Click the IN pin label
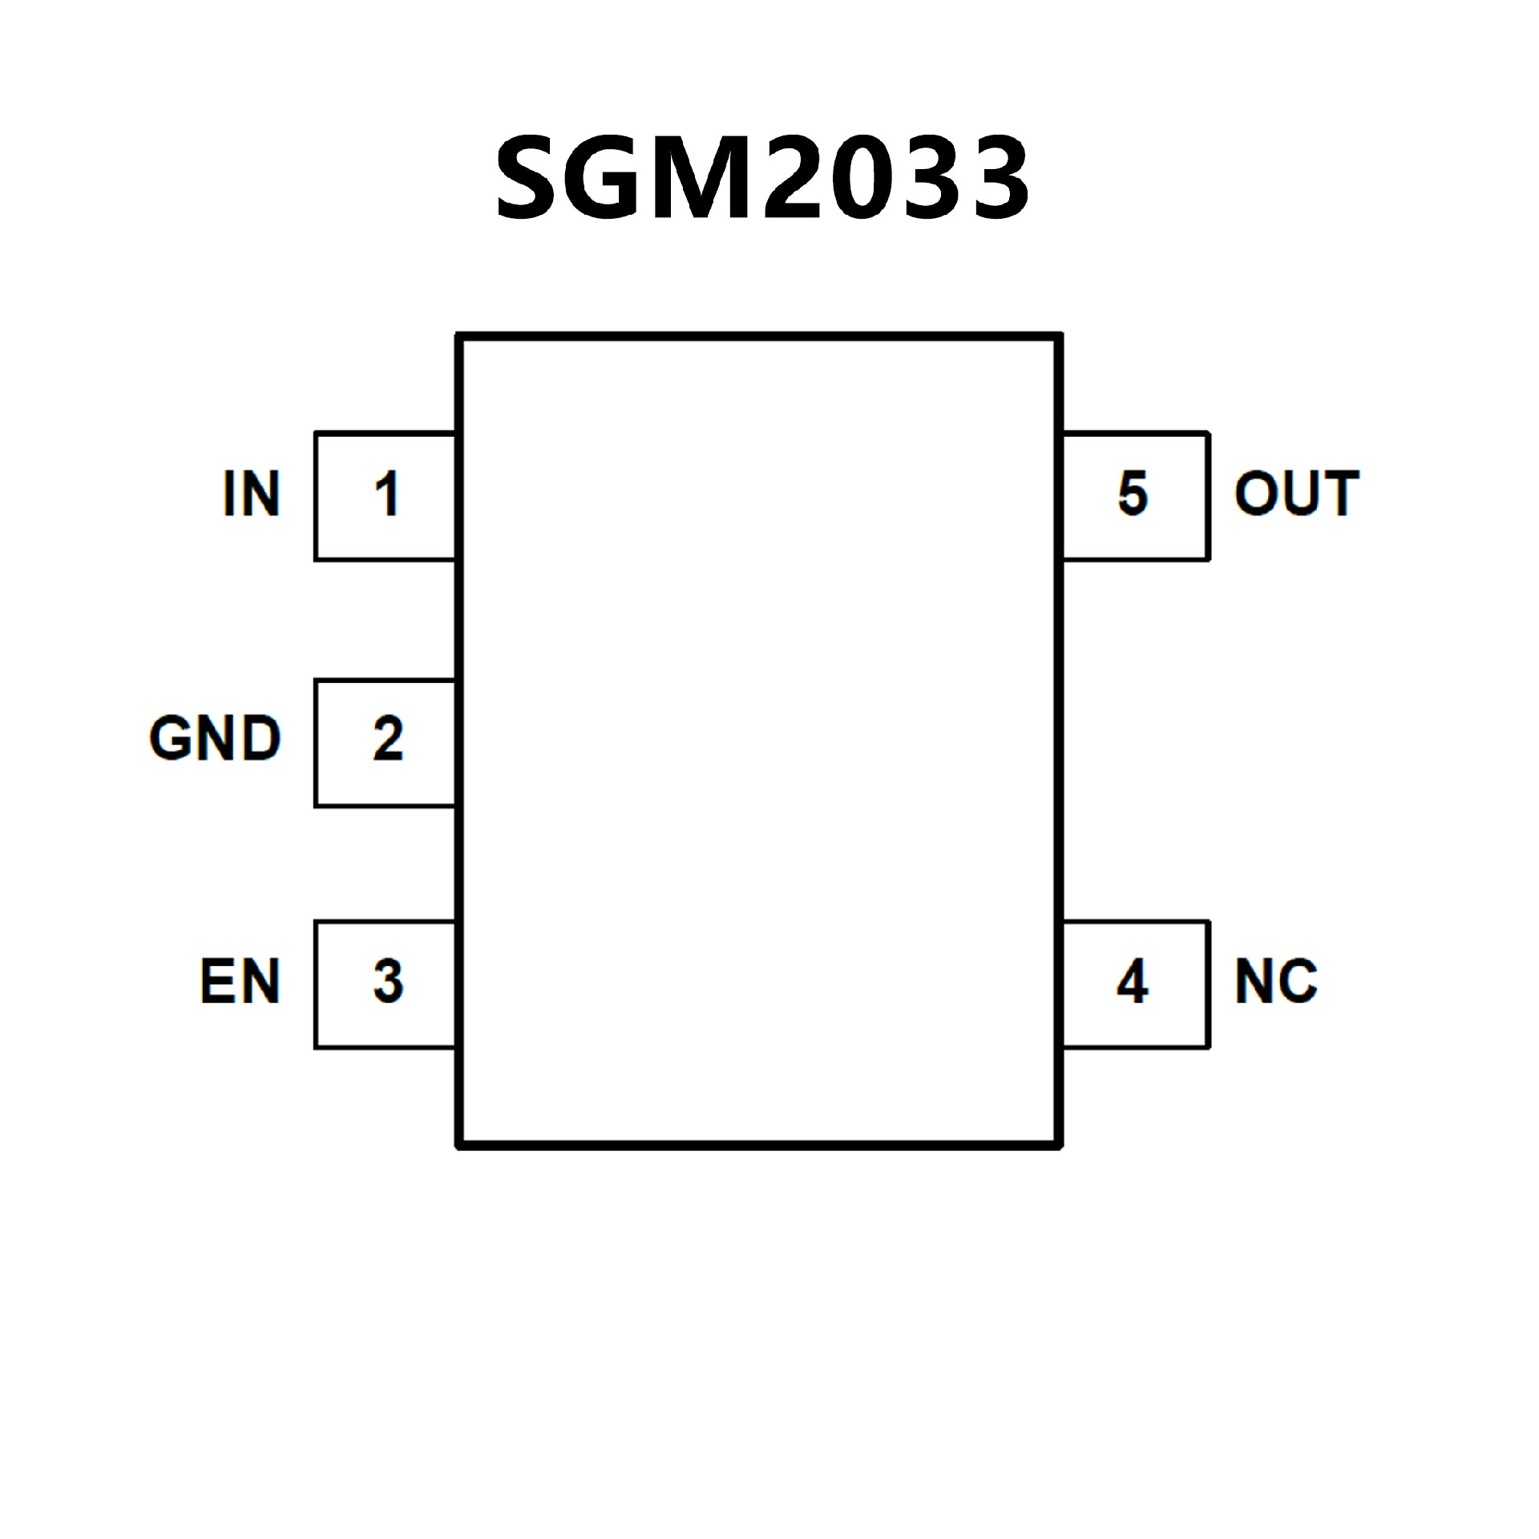252,494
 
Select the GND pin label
215,738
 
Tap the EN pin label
240,981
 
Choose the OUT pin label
1296,494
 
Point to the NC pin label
1276,981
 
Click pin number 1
387,494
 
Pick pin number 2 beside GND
388,738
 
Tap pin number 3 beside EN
388,981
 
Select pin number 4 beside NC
1132,981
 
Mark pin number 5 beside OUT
1133,494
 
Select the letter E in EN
218,981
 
